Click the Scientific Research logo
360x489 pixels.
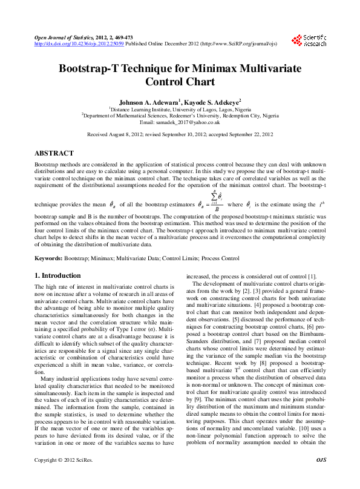click(x=310, y=41)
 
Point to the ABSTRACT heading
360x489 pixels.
click(x=54, y=153)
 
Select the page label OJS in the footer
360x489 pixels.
click(x=321, y=478)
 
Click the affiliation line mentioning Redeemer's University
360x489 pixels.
click(x=180, y=115)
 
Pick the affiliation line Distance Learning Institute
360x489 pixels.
click(x=180, y=108)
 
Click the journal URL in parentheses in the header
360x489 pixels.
click(x=232, y=44)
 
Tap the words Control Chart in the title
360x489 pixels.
click(x=180, y=82)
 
